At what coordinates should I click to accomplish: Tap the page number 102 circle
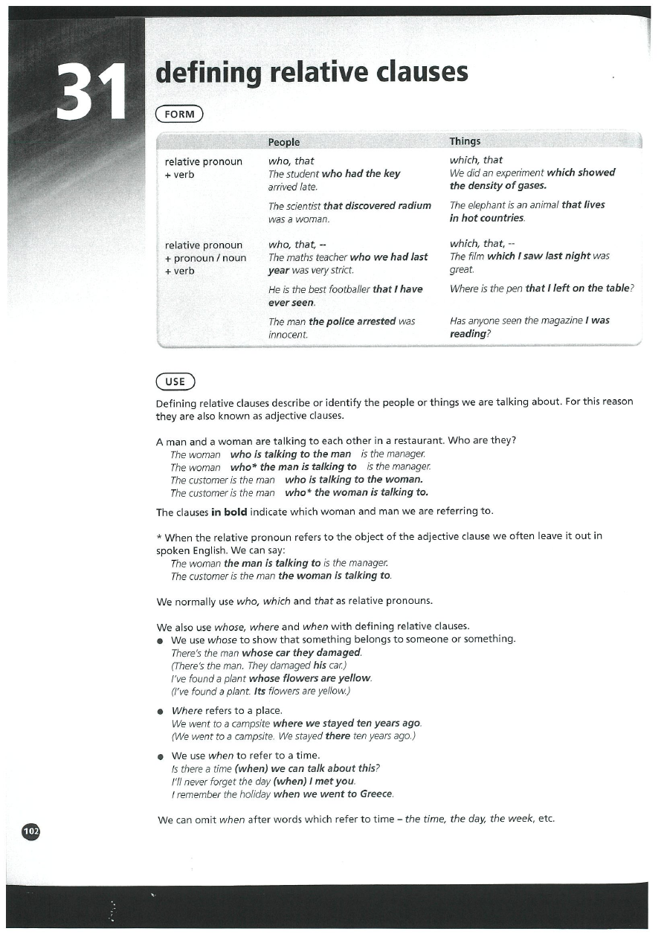pyautogui.click(x=31, y=831)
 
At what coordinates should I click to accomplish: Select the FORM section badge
pyautogui.click(x=178, y=114)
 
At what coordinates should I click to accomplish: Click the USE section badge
pyautogui.click(x=175, y=382)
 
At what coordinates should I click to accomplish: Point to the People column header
pyautogui.click(x=284, y=141)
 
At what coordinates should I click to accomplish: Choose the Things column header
pyautogui.click(x=465, y=141)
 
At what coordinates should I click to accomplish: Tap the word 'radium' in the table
pyautogui.click(x=413, y=205)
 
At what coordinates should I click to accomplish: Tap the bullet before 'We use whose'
pyautogui.click(x=160, y=640)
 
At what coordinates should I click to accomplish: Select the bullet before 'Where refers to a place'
pyautogui.click(x=160, y=711)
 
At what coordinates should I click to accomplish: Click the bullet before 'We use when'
pyautogui.click(x=160, y=756)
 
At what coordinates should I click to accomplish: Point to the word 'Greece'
pyautogui.click(x=376, y=794)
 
